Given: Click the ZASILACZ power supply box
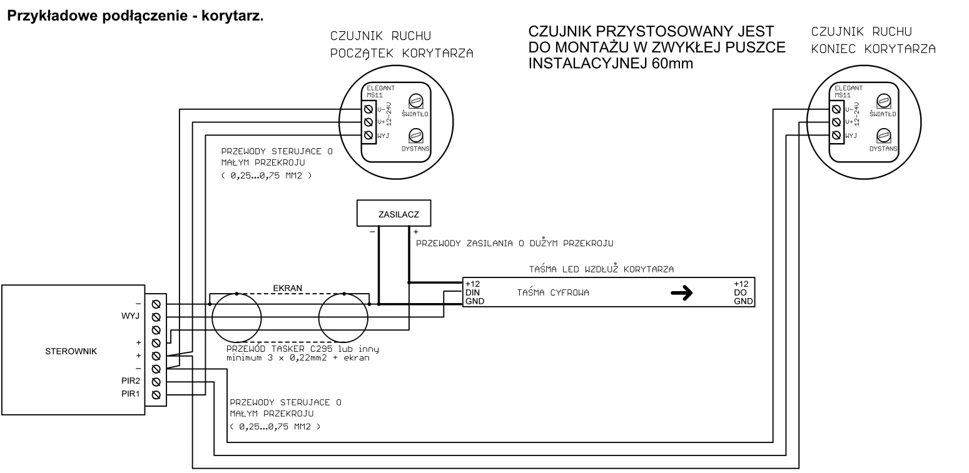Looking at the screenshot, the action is (x=393, y=213).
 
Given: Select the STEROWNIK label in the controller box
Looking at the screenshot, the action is (x=71, y=351).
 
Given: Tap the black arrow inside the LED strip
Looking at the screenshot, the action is (x=682, y=293).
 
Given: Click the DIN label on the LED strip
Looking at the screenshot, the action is (x=472, y=292).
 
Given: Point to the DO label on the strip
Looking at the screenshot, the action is (x=740, y=292).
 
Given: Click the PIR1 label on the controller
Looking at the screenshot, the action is (x=131, y=394).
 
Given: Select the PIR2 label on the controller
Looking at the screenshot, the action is (x=131, y=381).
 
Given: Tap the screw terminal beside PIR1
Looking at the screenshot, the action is (x=156, y=395).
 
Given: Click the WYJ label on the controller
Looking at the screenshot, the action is (x=131, y=316).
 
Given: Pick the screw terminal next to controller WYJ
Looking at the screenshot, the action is (x=156, y=317).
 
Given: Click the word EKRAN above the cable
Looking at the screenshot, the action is (x=288, y=288).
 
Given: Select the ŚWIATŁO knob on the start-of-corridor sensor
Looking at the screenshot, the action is (x=416, y=101).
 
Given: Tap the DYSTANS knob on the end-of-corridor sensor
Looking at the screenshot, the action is (x=883, y=136).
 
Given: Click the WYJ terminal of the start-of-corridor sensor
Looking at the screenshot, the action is (x=368, y=135).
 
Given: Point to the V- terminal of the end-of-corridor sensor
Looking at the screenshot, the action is (x=836, y=109).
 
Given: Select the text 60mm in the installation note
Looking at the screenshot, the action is (x=672, y=64).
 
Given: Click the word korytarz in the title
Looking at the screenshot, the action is (x=233, y=16).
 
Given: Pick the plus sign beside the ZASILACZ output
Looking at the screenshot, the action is (x=416, y=232).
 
